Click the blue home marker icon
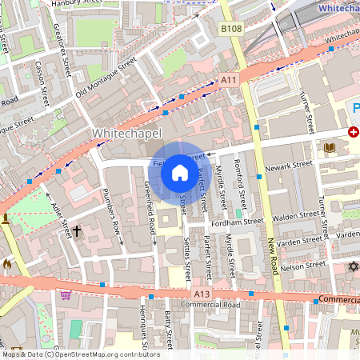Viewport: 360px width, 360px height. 179,172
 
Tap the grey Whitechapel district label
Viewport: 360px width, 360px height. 127,132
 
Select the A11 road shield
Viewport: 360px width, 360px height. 229,79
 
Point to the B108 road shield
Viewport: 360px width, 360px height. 231,30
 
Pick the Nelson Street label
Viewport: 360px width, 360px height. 304,265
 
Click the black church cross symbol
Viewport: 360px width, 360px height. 78,232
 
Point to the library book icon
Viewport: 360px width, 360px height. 330,148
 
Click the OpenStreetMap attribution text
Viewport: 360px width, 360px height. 80,354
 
